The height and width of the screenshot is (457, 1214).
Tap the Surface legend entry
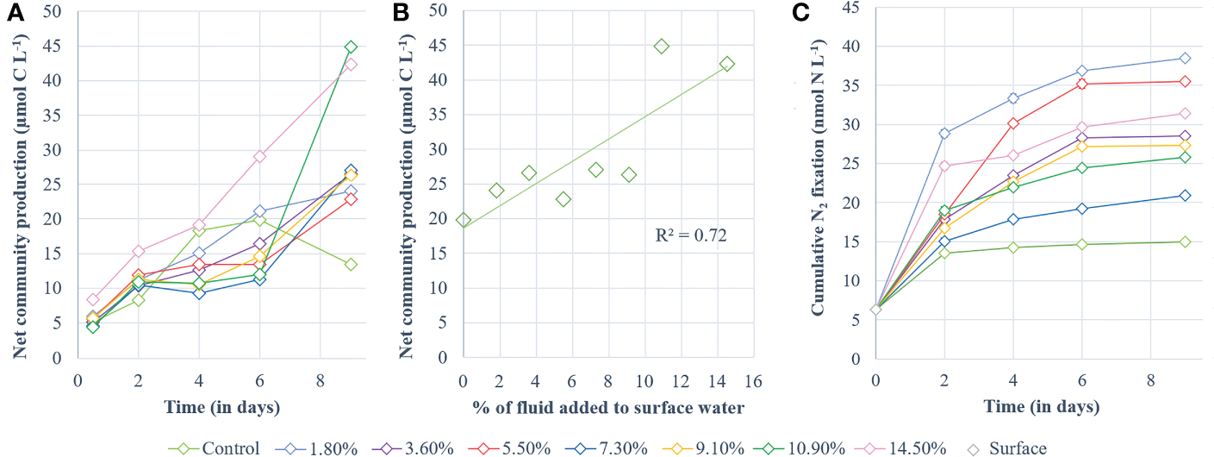point(1008,448)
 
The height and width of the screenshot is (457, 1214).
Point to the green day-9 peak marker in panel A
point(351,47)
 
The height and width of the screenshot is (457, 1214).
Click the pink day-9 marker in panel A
point(351,65)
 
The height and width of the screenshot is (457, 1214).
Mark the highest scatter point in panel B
point(661,46)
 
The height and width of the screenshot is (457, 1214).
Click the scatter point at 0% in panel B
point(464,220)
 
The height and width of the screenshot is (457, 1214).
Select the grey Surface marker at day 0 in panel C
point(875,310)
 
